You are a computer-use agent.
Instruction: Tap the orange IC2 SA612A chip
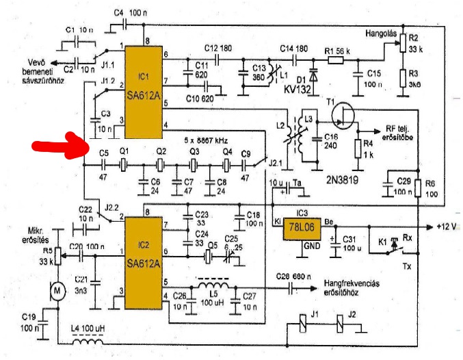pos(143,257)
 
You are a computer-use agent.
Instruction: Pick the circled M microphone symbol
pos(59,292)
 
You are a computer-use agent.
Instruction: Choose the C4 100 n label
pos(128,13)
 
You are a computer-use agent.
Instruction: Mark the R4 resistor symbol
pos(356,148)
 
